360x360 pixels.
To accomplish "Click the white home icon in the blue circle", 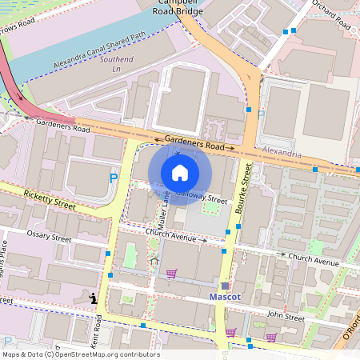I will click(180, 172).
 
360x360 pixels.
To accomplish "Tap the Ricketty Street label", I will click(49, 199).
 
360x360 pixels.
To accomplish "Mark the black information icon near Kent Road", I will click(94, 299).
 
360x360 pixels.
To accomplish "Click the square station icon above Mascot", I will click(225, 285).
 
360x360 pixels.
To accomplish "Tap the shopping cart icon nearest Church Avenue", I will click(170, 274).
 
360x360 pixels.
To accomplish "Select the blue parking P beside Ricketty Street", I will click(114, 178).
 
